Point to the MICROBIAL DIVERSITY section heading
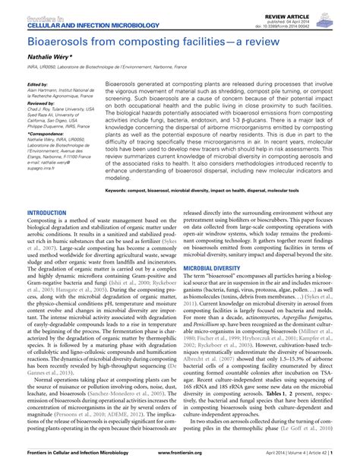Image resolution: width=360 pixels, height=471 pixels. coord(217,269)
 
